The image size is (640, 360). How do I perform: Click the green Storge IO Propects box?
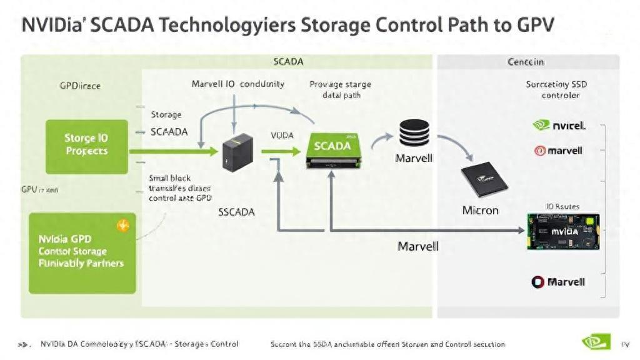click(x=87, y=146)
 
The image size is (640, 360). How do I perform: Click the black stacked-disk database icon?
click(x=414, y=132)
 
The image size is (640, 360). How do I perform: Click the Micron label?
click(x=480, y=210)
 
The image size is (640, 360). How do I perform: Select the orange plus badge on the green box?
click(x=123, y=225)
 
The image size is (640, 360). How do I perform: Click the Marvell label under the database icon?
click(x=414, y=158)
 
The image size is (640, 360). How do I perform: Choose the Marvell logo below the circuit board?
click(x=558, y=282)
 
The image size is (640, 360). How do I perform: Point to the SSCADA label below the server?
click(x=236, y=211)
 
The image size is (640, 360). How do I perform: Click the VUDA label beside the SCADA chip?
click(x=282, y=135)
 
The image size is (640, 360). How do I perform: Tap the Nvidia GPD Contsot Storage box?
click(x=82, y=251)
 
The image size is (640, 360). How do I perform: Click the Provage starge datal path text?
click(x=340, y=89)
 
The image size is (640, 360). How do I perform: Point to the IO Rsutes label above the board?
click(x=562, y=206)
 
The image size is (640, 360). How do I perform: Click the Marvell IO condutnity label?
click(x=237, y=84)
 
